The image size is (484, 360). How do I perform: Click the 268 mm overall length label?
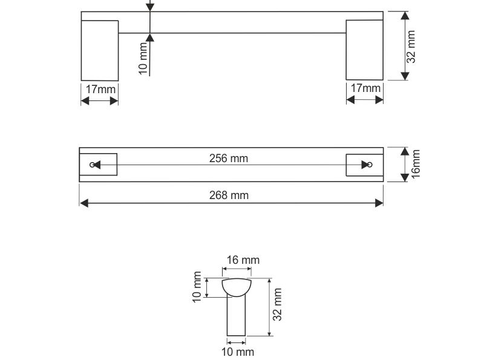coord(229,195)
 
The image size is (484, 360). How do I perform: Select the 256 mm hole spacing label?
coord(229,159)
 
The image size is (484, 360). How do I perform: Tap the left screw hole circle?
coord(92,165)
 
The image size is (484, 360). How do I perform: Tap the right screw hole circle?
coord(370,165)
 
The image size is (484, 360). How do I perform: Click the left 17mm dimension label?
coord(100,90)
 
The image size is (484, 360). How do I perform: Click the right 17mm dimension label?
coord(365,88)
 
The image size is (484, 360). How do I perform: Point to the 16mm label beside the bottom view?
coord(416,163)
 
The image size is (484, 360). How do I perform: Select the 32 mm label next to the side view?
coord(411,47)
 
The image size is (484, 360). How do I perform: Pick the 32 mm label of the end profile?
coord(277,305)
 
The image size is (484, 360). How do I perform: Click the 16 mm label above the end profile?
coord(243,260)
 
